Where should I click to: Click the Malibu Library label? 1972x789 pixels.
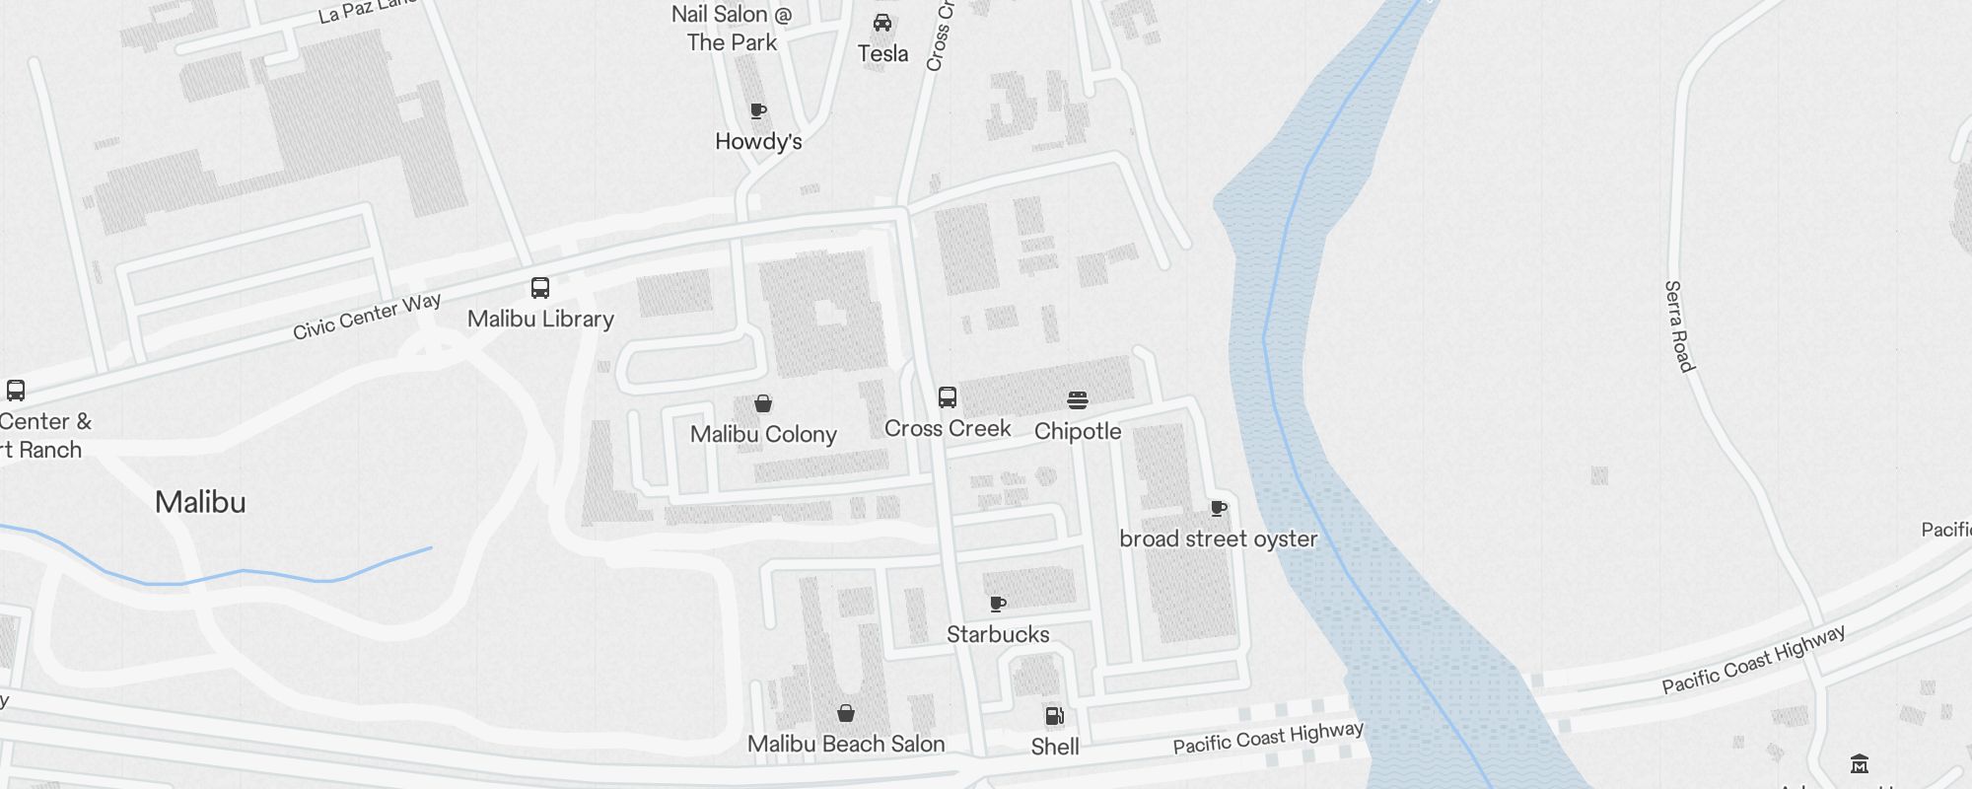pyautogui.click(x=540, y=319)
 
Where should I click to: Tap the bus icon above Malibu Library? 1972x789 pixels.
pyautogui.click(x=540, y=288)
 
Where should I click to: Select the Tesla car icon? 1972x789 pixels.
pyautogui.click(x=882, y=23)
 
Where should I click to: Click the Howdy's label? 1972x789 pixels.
pyautogui.click(x=758, y=141)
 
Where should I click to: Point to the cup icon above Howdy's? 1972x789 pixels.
pyautogui.click(x=758, y=110)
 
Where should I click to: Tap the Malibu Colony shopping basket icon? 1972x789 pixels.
pyautogui.click(x=763, y=403)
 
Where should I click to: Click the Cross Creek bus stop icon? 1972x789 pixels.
pyautogui.click(x=948, y=397)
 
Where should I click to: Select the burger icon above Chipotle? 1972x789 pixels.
pyautogui.click(x=1078, y=400)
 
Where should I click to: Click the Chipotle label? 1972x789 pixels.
pyautogui.click(x=1078, y=431)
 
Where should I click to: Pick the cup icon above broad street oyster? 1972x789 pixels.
pyautogui.click(x=1219, y=509)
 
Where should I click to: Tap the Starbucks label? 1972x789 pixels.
pyautogui.click(x=998, y=634)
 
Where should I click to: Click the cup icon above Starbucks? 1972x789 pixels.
pyautogui.click(x=998, y=604)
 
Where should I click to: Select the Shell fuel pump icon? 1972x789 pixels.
pyautogui.click(x=1054, y=716)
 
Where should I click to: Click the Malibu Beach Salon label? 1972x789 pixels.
pyautogui.click(x=846, y=744)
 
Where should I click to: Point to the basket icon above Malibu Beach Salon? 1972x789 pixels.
pyautogui.click(x=846, y=713)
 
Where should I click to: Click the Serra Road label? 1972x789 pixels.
pyautogui.click(x=1679, y=326)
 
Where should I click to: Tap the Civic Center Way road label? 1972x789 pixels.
pyautogui.click(x=367, y=317)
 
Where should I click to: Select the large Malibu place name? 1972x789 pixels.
pyautogui.click(x=200, y=502)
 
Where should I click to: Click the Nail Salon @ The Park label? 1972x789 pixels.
pyautogui.click(x=732, y=29)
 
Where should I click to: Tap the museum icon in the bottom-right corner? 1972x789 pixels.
pyautogui.click(x=1860, y=763)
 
